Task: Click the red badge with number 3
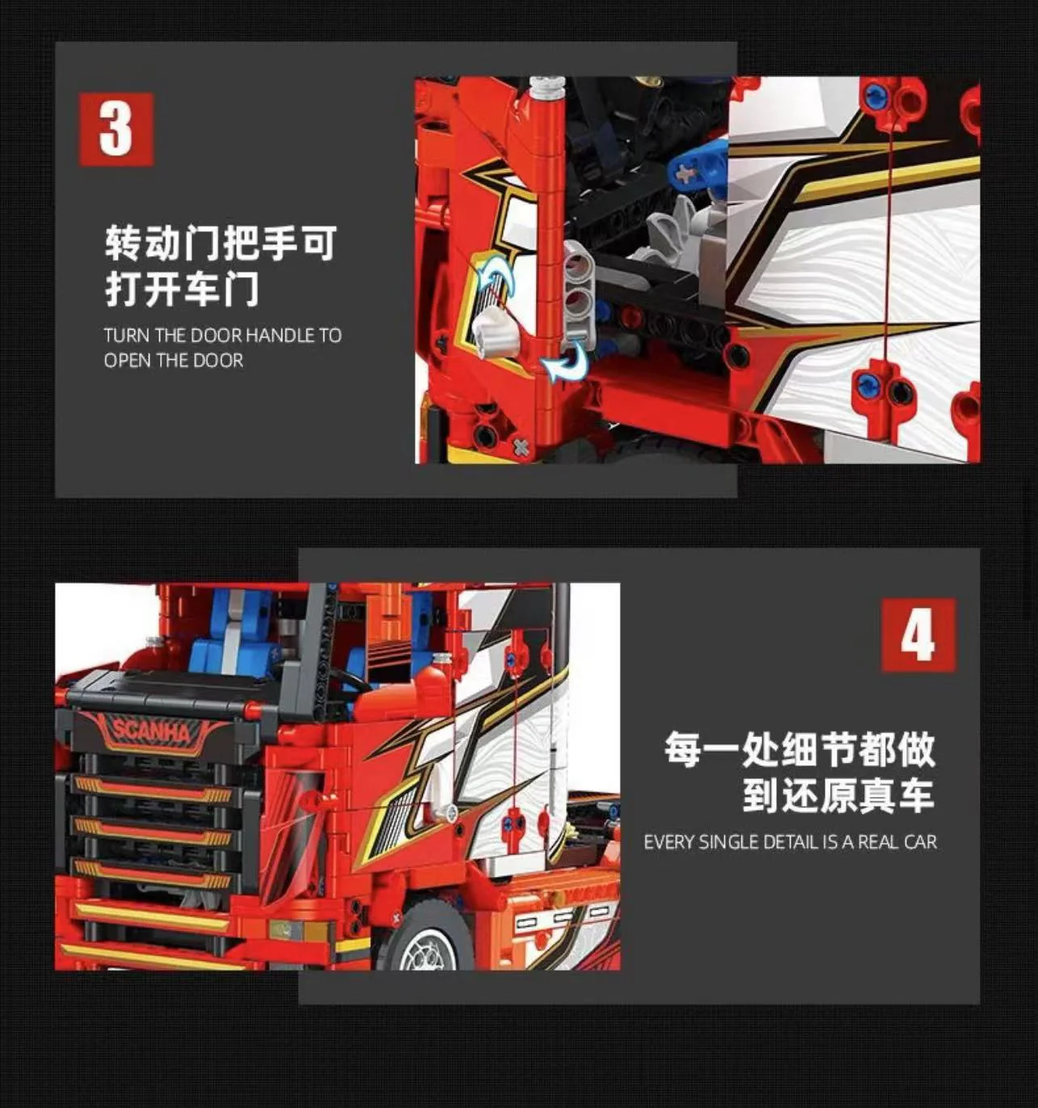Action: tap(116, 129)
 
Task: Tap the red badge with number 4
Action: tap(918, 635)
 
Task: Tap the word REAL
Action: tap(879, 842)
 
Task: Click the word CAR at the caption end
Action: tap(921, 842)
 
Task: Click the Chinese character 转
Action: tap(123, 243)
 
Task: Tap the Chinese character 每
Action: tap(684, 749)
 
